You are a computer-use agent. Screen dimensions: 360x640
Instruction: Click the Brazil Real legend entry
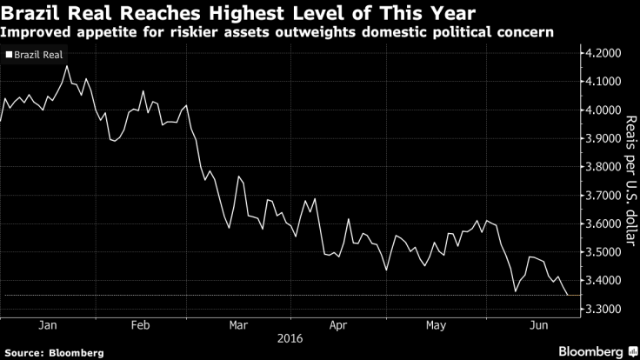click(x=40, y=54)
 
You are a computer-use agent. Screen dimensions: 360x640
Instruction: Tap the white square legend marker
click(x=9, y=54)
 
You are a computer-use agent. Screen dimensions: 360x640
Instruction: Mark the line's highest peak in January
click(x=68, y=66)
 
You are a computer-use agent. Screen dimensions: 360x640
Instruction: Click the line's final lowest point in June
click(x=569, y=295)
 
